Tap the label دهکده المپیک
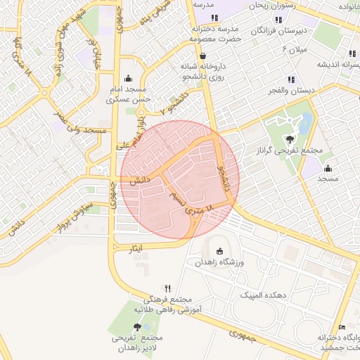tap(265, 295)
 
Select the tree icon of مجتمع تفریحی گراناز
tap(290, 139)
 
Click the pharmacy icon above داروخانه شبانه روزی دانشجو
tap(203, 56)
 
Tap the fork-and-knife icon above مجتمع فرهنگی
tap(167, 288)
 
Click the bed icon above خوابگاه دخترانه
tap(342, 327)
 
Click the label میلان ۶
tap(295, 49)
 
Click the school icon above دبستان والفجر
tap(290, 79)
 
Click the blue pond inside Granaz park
tap(307, 123)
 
